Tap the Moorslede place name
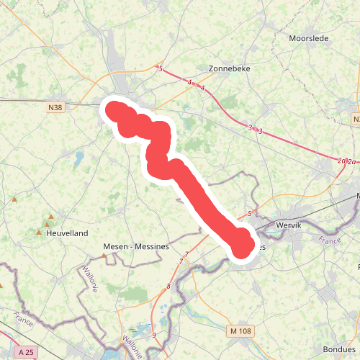(x=307, y=38)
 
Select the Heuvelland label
(x=66, y=233)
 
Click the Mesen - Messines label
(x=136, y=246)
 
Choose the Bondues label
(x=338, y=348)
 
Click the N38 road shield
(x=55, y=108)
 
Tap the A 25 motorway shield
(x=27, y=351)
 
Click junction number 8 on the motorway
(x=168, y=287)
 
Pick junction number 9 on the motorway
(x=153, y=335)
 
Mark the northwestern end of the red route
(x=114, y=109)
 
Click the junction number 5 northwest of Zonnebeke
(x=161, y=69)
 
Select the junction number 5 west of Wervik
(x=249, y=214)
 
